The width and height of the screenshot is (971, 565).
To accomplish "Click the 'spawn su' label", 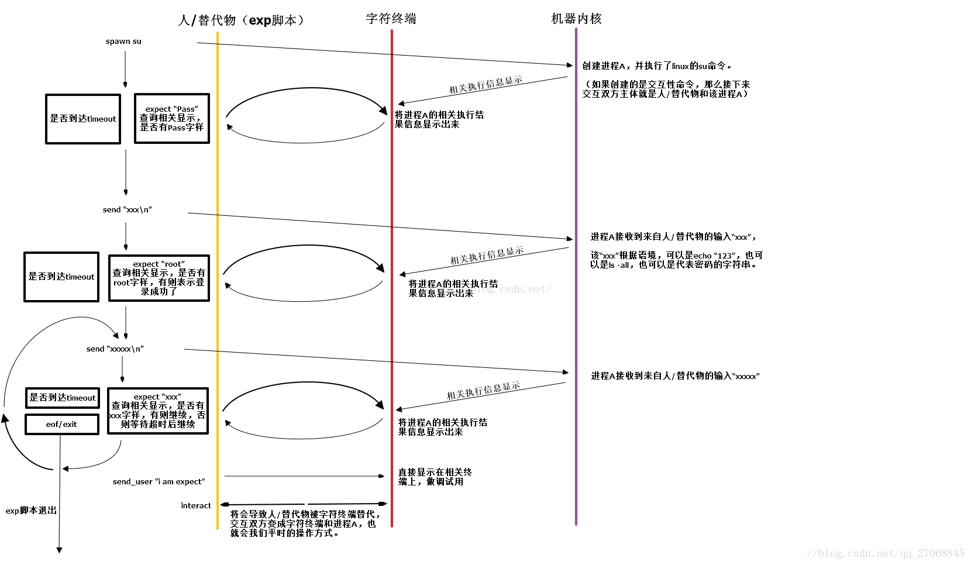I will (123, 42).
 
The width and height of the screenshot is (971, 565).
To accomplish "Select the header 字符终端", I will (391, 19).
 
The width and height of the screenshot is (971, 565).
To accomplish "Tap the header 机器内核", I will (576, 19).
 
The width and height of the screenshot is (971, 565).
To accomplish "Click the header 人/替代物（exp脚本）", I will (242, 20).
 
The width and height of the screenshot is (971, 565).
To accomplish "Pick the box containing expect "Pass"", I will (172, 118).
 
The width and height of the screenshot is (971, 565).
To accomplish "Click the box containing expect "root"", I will (159, 278).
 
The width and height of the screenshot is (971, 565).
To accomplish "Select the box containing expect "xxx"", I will (158, 411).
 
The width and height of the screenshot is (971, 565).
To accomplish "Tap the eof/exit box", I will (61, 424).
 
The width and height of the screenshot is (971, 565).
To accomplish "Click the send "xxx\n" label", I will (128, 209).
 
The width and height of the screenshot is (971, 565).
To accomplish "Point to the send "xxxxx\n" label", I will (115, 349).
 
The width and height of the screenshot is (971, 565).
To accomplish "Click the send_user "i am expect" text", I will (159, 481).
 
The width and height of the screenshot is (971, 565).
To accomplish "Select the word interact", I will (195, 505).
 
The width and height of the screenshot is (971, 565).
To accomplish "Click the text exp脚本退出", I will (31, 511).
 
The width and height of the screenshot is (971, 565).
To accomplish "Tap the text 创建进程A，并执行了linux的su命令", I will (656, 66).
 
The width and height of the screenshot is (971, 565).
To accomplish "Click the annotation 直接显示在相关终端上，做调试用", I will (435, 477).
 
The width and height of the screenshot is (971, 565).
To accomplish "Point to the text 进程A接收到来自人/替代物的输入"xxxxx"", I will (675, 376).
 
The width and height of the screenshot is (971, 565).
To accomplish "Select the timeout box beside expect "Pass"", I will (83, 119).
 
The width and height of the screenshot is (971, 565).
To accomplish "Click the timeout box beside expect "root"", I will (61, 277).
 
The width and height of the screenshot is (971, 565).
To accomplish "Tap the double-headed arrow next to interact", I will (303, 504).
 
